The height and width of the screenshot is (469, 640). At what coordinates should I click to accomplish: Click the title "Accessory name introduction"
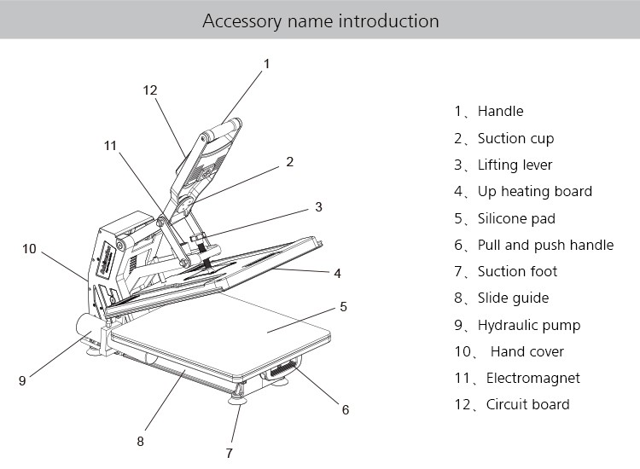point(320,20)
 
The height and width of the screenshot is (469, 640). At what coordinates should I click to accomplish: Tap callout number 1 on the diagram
point(267,64)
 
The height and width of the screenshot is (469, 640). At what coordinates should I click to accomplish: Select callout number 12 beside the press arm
point(150,90)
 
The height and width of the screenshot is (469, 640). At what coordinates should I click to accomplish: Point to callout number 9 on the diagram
point(22,381)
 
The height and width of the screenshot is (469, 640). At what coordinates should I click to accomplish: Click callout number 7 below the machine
point(229,452)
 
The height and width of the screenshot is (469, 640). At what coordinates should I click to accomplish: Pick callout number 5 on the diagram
point(343,306)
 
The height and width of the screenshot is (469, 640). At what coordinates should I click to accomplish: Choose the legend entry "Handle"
point(500,111)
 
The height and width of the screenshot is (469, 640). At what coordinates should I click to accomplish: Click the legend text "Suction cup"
point(515,138)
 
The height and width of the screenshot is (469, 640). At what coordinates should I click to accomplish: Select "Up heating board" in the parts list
point(534,191)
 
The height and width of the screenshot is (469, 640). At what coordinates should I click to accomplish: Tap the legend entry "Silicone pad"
point(516,218)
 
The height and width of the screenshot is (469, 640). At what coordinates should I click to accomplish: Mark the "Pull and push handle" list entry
point(545,245)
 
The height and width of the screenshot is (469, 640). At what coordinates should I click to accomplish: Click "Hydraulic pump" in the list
point(528,325)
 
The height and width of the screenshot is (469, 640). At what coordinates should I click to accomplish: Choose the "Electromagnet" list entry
point(532,378)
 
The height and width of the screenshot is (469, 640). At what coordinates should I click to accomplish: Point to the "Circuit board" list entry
point(527,404)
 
